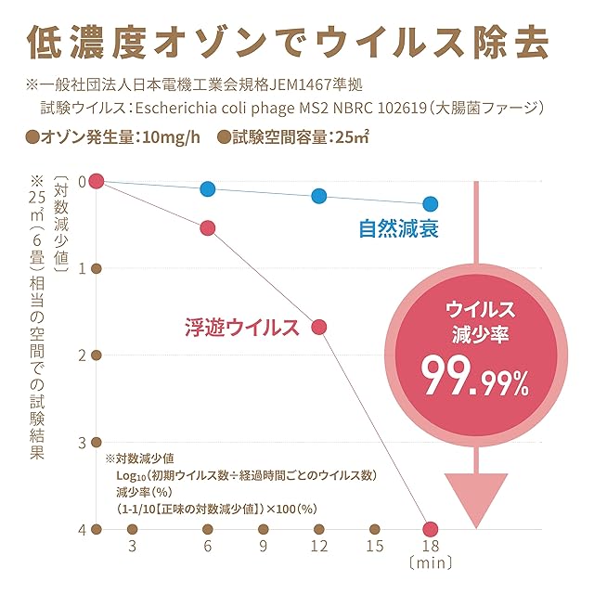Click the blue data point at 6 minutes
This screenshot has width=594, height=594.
(207, 188)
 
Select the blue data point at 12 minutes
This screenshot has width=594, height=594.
(319, 196)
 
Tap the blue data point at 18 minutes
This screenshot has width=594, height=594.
(430, 203)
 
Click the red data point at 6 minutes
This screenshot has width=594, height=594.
(207, 227)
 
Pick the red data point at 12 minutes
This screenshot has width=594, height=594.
(319, 327)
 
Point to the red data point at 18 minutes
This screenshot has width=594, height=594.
(430, 528)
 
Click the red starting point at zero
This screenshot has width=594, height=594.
(96, 180)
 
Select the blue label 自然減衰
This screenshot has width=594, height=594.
(399, 228)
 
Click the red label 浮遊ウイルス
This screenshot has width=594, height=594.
(240, 327)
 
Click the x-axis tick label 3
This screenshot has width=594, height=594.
(133, 548)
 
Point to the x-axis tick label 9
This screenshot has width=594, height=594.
(263, 548)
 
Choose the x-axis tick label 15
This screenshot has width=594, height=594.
(375, 548)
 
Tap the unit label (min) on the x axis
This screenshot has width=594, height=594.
(432, 563)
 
